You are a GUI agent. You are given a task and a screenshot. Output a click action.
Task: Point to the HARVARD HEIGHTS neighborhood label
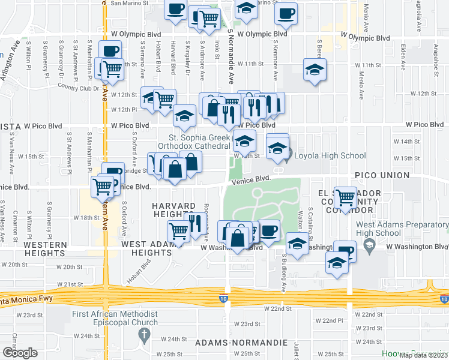coord(178,211)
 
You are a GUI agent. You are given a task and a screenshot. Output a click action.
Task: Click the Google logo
coord(20,352)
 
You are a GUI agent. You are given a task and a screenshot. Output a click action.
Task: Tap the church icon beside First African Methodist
coord(143,337)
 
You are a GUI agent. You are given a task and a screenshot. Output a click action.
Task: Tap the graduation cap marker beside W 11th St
coord(315,70)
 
